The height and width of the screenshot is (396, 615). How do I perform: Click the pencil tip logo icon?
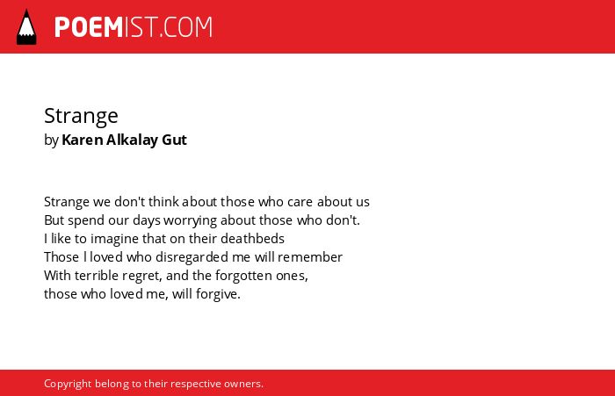26,27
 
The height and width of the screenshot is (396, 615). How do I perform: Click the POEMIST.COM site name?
134,27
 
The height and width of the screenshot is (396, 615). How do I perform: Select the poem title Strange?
81,117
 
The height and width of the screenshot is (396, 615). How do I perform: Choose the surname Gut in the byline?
174,140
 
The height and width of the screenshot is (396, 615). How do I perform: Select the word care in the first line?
300,202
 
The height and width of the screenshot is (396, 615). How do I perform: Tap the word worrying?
191,221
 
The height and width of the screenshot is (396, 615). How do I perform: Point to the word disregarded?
192,257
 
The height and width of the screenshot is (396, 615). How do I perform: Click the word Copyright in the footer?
68,384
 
